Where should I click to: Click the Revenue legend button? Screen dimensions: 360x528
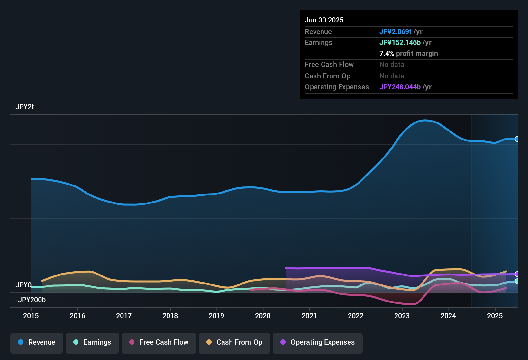coord(37,342)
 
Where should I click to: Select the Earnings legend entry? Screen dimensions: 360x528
coord(92,342)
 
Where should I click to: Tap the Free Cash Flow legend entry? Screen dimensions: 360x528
coord(159,342)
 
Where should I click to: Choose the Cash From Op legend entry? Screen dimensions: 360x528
coord(234,342)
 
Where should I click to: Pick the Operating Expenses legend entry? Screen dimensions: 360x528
coord(318,342)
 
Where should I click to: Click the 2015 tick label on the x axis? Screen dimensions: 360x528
coord(31,316)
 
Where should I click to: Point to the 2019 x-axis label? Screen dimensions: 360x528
coord(216,316)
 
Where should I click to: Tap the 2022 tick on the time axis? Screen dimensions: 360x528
coord(356,316)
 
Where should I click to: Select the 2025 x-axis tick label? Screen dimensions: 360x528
coord(495,316)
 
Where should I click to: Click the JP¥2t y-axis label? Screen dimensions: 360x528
coord(25,107)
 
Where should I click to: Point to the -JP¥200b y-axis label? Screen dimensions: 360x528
coord(31,300)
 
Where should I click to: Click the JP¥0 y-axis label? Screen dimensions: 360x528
coord(23,285)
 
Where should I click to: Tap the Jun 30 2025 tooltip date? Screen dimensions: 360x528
coord(324,20)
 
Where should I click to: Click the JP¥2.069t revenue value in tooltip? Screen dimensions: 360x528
coord(395,32)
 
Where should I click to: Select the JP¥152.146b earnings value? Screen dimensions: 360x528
coord(400,43)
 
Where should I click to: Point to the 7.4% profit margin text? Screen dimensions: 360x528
coord(408,54)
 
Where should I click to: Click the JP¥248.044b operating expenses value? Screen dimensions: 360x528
coord(400,87)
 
